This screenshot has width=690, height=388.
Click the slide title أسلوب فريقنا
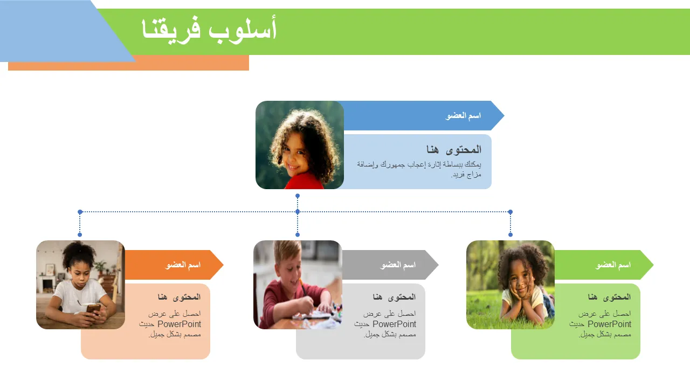tap(209, 30)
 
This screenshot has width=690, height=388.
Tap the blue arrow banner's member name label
tap(463, 116)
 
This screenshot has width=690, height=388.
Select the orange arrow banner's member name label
tap(183, 265)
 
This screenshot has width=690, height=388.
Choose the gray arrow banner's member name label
tap(398, 265)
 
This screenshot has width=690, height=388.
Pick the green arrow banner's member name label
tap(613, 265)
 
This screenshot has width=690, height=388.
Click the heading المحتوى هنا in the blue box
tap(454, 150)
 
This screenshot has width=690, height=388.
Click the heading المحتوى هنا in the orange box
tap(179, 297)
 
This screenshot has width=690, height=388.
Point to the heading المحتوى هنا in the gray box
tap(394, 297)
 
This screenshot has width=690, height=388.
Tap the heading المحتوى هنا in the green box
tap(609, 297)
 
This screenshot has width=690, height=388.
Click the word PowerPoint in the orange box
tap(180, 324)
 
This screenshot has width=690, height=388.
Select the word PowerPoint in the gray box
tap(394, 324)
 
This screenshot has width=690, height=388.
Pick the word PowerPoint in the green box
tap(609, 324)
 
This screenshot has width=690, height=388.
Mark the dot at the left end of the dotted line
tap(80, 212)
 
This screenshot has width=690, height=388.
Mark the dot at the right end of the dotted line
tap(510, 212)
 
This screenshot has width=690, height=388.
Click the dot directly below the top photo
tap(298, 196)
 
